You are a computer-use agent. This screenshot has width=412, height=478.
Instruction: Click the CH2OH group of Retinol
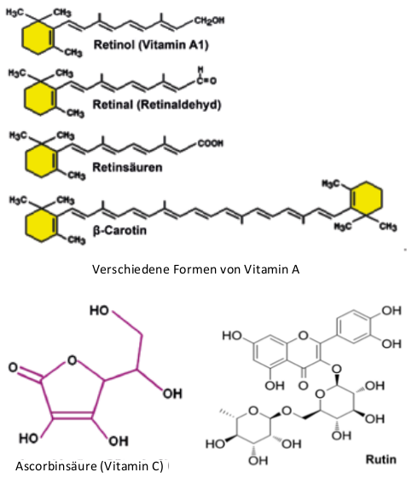coord(209,20)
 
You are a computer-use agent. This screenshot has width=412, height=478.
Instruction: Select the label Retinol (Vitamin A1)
coord(151,45)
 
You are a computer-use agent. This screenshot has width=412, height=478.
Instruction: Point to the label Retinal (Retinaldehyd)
coord(157,105)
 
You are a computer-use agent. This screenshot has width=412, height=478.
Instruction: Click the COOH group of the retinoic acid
coord(211,143)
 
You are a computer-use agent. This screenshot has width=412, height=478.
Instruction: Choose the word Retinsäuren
coord(127,167)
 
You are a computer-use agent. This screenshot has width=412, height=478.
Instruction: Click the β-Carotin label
coord(119,230)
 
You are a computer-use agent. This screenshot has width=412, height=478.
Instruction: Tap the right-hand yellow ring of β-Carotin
coord(366,199)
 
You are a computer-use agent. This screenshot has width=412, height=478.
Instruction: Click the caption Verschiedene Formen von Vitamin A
coord(195,269)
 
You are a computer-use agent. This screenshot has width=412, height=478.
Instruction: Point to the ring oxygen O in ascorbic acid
coord(72,360)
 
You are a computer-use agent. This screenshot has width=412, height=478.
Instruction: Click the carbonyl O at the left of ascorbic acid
coord(13,367)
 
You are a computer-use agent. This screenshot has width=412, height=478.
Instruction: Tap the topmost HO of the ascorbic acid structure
coord(99,310)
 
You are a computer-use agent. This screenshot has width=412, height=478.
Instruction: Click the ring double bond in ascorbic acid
coord(72,415)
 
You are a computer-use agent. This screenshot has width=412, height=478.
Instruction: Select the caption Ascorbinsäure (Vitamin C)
coord(89,466)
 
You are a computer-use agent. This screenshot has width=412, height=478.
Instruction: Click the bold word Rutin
coord(381,459)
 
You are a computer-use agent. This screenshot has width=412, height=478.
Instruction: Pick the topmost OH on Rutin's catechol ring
coord(392,311)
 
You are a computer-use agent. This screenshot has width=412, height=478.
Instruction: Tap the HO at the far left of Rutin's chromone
coord(232,336)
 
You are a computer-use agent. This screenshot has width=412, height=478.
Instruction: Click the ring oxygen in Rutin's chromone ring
coord(304,336)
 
